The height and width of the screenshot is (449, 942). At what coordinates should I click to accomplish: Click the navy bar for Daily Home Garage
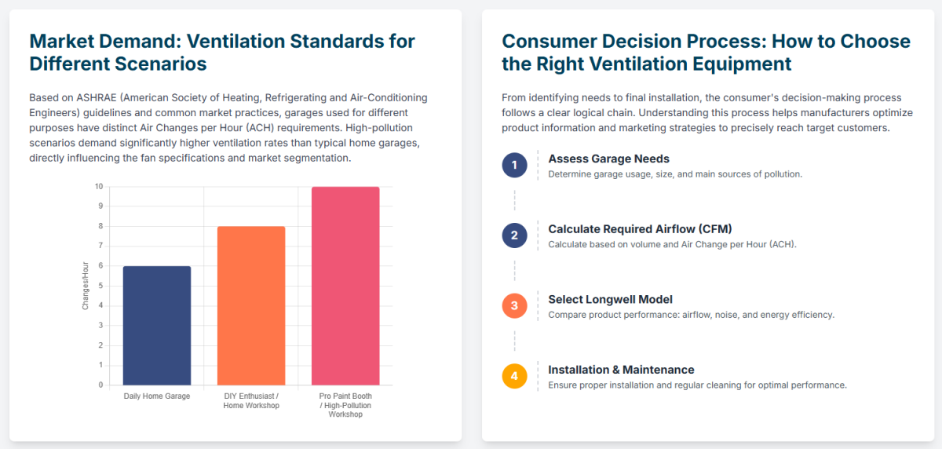point(157,325)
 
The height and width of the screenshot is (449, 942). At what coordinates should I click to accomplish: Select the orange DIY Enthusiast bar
point(251,305)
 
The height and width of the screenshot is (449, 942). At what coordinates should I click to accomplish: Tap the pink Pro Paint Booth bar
point(345,286)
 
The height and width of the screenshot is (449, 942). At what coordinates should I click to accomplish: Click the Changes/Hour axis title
point(86,286)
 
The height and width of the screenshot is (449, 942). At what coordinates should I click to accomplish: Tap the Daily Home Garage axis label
point(157,396)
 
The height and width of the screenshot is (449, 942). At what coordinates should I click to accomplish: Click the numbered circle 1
point(514,165)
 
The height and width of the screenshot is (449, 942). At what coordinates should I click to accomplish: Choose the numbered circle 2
point(514,235)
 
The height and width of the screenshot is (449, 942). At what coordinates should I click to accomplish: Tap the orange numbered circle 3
point(514,305)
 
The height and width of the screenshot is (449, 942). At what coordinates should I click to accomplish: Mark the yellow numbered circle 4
point(514,376)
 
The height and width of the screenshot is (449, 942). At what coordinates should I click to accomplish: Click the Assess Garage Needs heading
point(608,159)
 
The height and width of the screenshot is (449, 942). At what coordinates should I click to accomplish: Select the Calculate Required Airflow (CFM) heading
point(640,229)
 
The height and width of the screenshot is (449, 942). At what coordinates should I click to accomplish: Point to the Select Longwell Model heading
point(610,299)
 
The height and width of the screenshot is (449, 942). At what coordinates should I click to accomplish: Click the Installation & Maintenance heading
point(621,370)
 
